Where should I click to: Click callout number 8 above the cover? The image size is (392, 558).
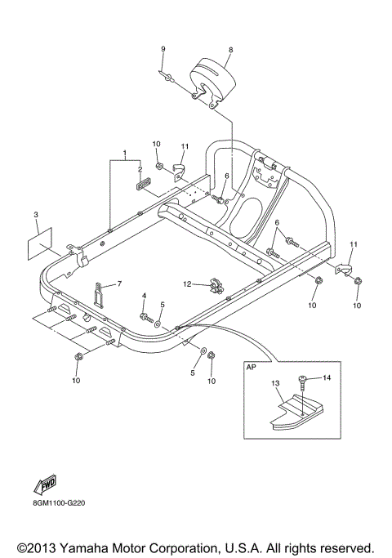click(x=231, y=50)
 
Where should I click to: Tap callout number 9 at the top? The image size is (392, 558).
click(x=163, y=50)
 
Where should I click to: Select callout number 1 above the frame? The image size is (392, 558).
click(x=125, y=154)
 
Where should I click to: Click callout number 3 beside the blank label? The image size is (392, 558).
click(x=36, y=215)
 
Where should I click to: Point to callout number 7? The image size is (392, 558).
click(x=118, y=283)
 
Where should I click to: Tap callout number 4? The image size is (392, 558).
click(x=144, y=295)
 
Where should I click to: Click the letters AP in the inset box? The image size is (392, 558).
click(x=252, y=368)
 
